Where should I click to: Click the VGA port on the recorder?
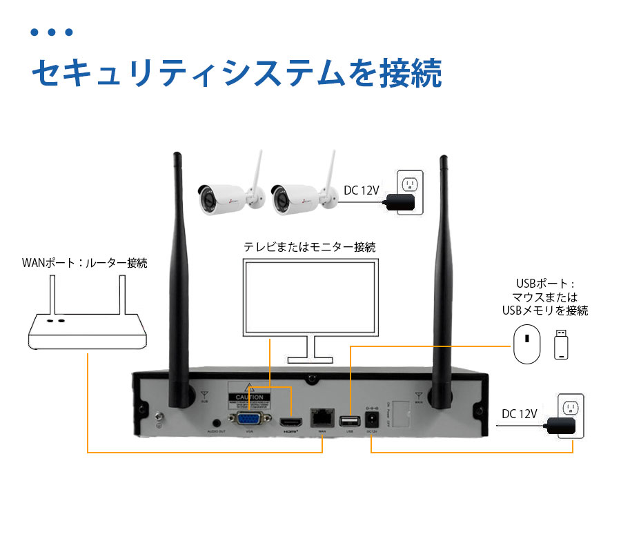click(250, 420)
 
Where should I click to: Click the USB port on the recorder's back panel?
click(349, 420)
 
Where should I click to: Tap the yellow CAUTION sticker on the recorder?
click(248, 397)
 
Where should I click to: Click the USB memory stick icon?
click(563, 344)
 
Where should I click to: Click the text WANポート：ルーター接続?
click(84, 263)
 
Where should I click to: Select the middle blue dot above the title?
click(52, 32)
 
